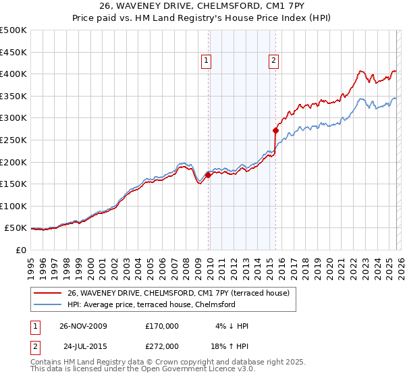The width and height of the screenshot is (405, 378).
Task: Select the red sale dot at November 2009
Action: (x=208, y=175)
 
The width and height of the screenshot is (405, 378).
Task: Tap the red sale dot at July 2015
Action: (x=275, y=130)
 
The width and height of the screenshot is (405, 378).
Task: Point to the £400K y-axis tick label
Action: (x=13, y=74)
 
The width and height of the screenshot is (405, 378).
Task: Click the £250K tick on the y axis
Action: (x=13, y=140)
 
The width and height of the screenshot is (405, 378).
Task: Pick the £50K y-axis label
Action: (x=15, y=228)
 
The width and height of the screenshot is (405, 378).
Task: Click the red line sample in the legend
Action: (x=48, y=293)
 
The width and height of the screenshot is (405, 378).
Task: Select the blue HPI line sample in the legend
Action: (x=48, y=305)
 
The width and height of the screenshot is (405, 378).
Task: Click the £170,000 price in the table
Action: (x=162, y=326)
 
